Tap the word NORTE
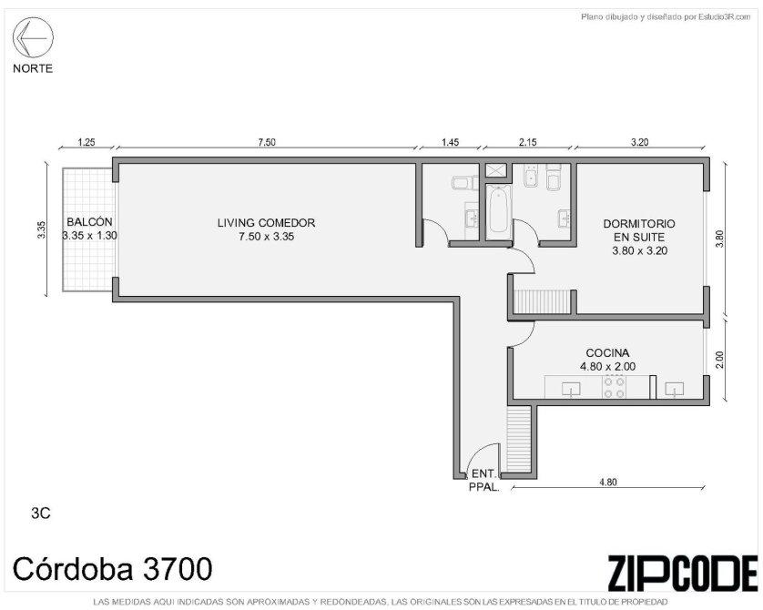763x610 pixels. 33,68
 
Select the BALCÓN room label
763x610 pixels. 89,222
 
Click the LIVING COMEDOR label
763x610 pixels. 266,223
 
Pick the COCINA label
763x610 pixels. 607,353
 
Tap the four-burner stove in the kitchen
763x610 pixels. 614,387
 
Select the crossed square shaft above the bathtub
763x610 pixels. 496,169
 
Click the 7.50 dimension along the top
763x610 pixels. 267,143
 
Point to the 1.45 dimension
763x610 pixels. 450,143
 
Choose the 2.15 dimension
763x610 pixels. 527,143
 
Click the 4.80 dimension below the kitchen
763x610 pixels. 608,482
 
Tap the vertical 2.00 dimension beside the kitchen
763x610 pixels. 720,361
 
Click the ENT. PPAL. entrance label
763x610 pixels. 483,480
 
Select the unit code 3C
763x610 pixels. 41,513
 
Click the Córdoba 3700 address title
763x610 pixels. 112,569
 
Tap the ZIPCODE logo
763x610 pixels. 682,573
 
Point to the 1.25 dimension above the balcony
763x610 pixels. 86,143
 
